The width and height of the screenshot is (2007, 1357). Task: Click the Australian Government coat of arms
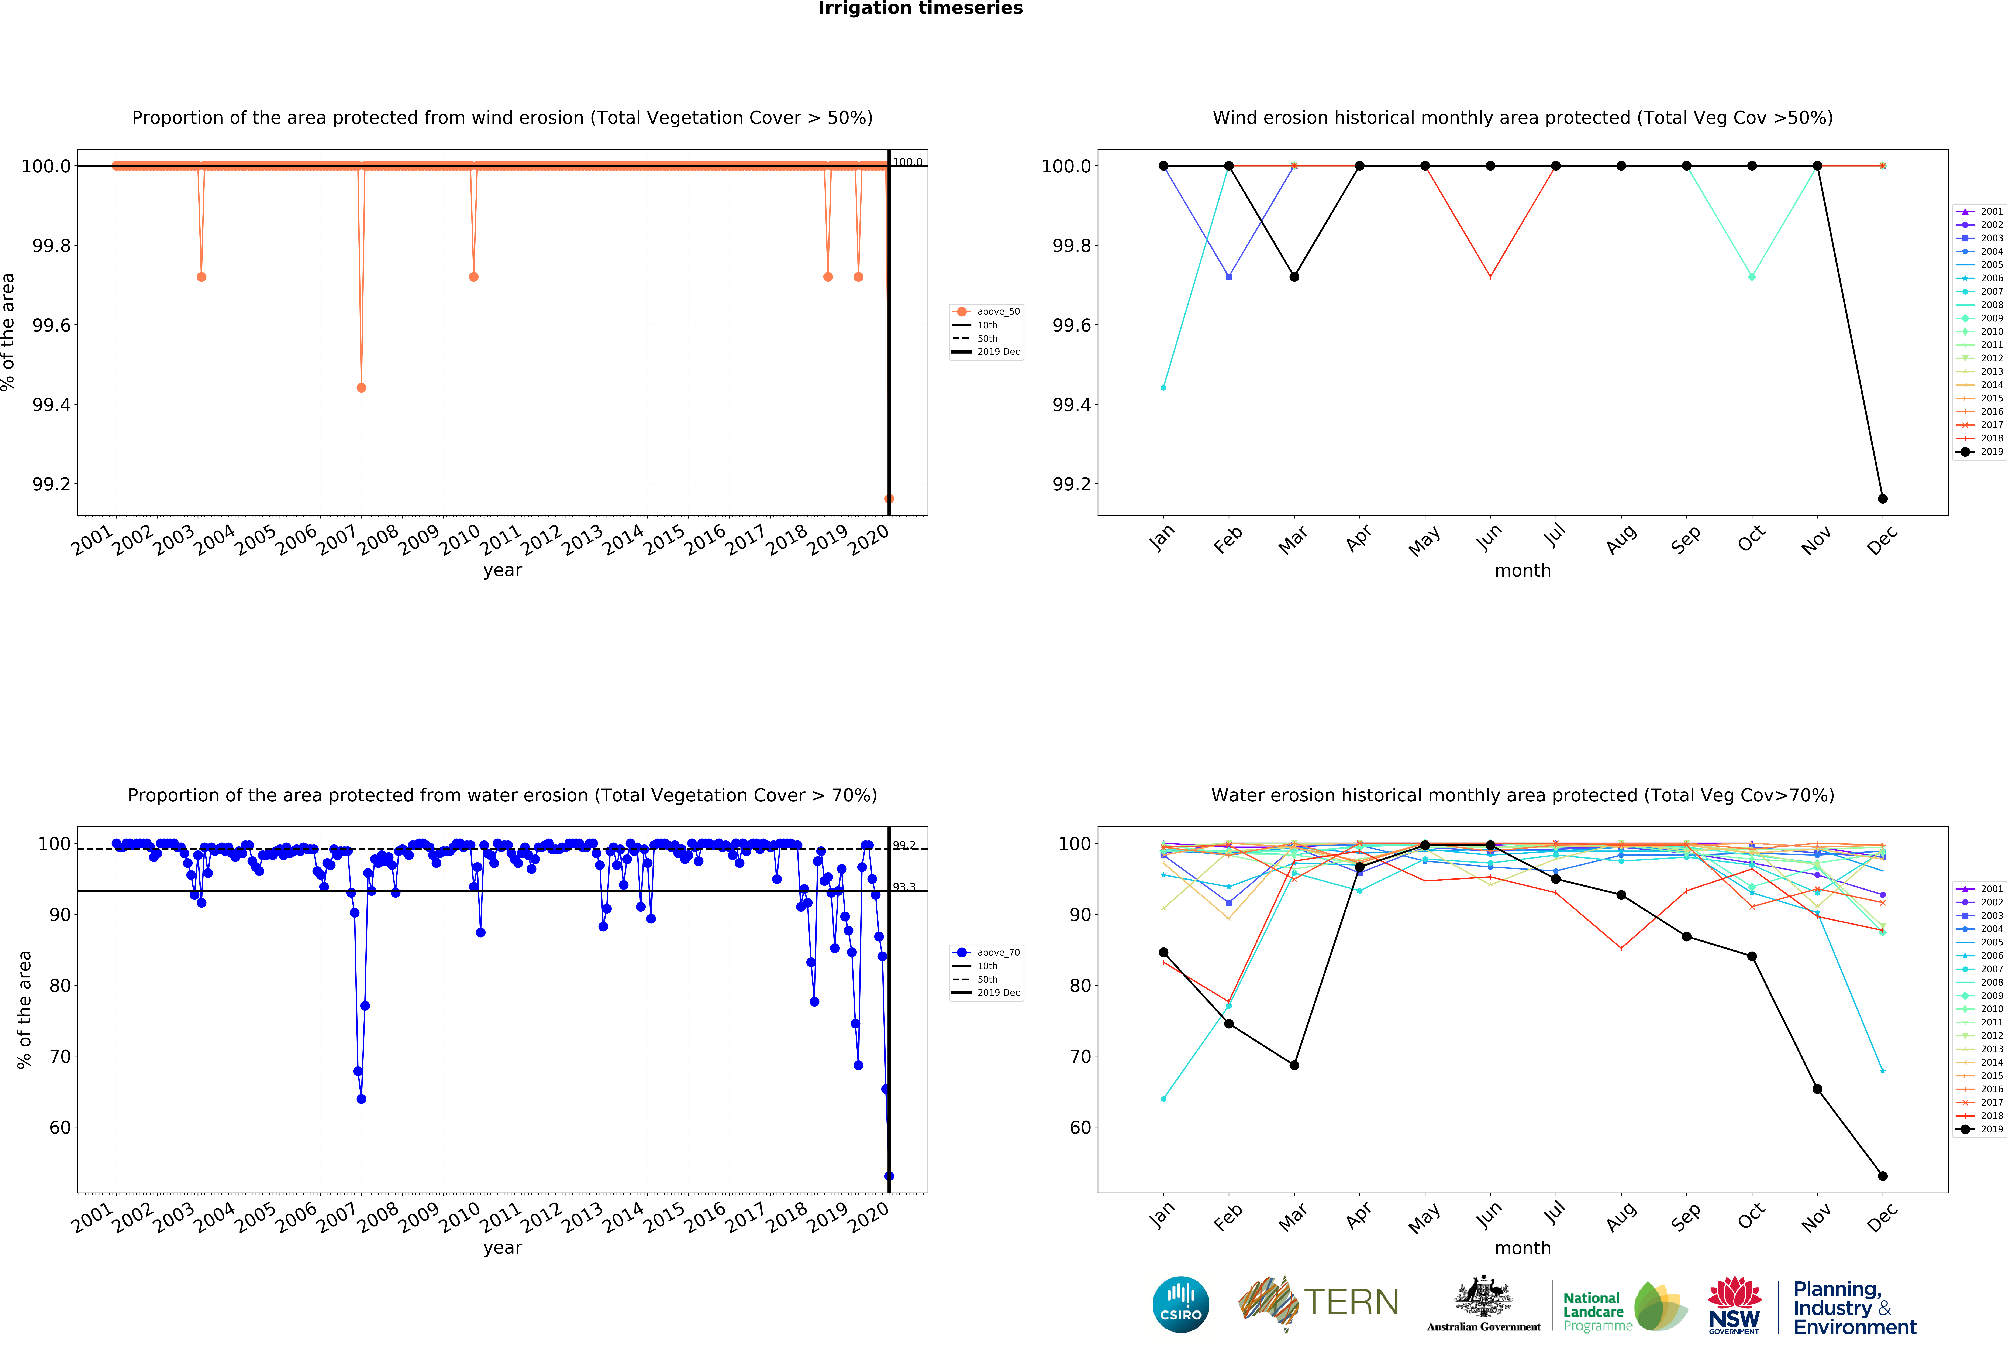(x=1483, y=1296)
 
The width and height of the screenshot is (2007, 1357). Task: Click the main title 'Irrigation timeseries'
(x=920, y=9)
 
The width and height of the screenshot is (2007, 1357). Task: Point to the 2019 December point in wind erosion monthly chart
(x=1883, y=498)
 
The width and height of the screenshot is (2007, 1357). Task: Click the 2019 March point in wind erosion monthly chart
(x=1294, y=276)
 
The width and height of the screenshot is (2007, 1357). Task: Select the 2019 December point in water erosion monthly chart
(x=1883, y=1176)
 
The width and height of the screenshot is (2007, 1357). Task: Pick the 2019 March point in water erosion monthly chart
(x=1294, y=1065)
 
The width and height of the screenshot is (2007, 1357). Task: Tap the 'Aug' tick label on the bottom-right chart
(x=1621, y=1215)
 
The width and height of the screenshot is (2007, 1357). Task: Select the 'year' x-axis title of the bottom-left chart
(x=503, y=1247)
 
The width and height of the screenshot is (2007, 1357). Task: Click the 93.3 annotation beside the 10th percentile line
(x=904, y=887)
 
